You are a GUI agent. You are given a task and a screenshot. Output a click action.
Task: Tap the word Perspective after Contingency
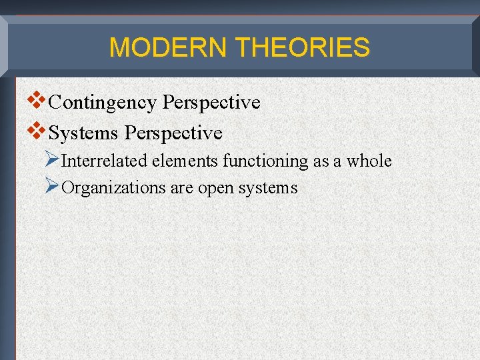211,103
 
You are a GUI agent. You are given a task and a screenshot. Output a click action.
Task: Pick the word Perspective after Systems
173,133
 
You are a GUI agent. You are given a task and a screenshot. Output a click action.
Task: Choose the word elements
187,161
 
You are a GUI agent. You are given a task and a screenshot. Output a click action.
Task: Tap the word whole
369,161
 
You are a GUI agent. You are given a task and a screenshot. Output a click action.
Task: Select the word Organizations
113,188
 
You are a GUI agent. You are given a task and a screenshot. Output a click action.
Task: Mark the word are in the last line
181,189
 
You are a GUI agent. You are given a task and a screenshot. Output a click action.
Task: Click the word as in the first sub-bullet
321,162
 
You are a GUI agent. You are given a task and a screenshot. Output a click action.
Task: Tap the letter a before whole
337,162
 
